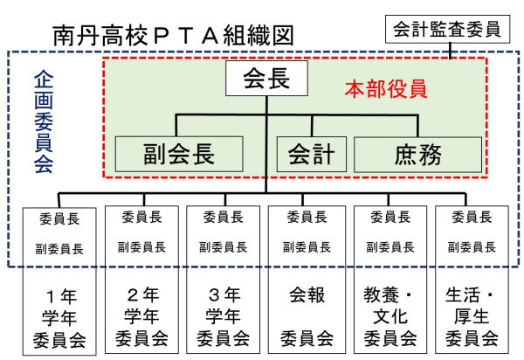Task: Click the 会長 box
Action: click(x=266, y=79)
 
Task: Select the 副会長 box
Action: click(x=179, y=154)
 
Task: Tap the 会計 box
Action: click(x=312, y=154)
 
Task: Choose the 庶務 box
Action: click(x=417, y=155)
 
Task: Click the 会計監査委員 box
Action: click(x=447, y=29)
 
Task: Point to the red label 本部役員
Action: click(x=386, y=89)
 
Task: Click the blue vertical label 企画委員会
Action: click(x=44, y=121)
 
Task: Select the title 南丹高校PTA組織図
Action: click(x=174, y=35)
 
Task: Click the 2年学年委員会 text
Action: click(x=141, y=316)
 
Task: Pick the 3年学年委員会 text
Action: click(x=224, y=316)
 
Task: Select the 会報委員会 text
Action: click(x=307, y=316)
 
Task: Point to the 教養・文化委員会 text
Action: click(x=390, y=316)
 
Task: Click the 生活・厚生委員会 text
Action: click(x=472, y=316)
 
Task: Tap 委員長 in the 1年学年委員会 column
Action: click(x=59, y=219)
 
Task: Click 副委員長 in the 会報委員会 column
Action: click(x=307, y=247)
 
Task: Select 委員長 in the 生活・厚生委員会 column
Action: click(x=472, y=218)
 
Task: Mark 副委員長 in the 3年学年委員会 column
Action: click(x=224, y=247)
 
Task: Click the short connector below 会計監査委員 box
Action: click(x=450, y=51)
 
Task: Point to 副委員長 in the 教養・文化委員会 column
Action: click(x=390, y=247)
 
